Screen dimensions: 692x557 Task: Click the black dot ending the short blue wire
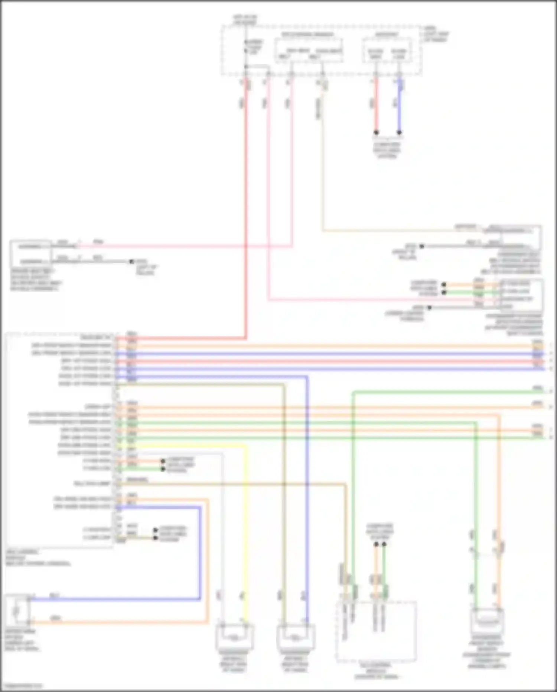(x=399, y=132)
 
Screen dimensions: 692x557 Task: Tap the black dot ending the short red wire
(x=376, y=132)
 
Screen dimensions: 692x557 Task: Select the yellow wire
(x=245, y=521)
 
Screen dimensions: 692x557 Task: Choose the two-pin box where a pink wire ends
(x=30, y=254)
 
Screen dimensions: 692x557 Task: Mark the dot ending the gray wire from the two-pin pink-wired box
(x=131, y=261)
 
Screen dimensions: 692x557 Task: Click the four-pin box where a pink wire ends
(x=521, y=295)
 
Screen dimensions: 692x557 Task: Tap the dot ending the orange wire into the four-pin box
(x=443, y=285)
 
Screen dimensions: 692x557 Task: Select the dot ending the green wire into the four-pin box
(x=443, y=292)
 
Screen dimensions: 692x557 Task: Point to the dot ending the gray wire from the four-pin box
(x=429, y=308)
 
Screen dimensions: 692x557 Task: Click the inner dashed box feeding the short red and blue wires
(x=387, y=50)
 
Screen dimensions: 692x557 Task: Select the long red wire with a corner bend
(x=245, y=223)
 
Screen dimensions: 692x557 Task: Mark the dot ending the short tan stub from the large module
(x=156, y=538)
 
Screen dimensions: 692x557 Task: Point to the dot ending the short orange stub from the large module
(x=163, y=461)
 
